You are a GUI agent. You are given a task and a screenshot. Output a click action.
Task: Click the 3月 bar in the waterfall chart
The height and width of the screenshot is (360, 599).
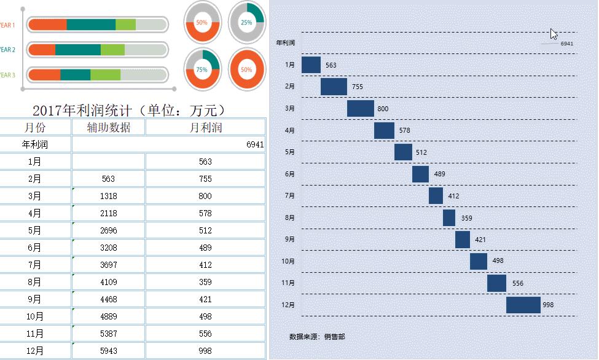coord(361,109)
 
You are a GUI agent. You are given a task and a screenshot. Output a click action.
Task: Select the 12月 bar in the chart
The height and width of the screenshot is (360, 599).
coord(523,305)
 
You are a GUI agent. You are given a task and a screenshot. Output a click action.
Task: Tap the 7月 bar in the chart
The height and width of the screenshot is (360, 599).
coord(436,196)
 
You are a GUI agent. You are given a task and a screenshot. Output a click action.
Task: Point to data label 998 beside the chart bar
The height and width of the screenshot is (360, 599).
coord(548,305)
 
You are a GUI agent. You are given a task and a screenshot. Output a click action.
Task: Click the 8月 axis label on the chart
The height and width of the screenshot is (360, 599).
coord(290,217)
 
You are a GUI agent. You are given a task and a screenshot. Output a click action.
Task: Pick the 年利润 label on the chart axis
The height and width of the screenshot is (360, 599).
coord(286,43)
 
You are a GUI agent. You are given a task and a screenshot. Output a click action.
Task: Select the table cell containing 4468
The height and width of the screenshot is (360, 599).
coord(108,299)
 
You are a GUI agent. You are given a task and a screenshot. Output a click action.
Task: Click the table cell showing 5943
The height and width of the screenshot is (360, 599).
coord(108,351)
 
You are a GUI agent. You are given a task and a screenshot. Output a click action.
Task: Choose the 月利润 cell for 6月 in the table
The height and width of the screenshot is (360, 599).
coord(205,248)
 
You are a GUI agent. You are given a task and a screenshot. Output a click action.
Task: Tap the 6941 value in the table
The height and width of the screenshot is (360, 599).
coord(254,144)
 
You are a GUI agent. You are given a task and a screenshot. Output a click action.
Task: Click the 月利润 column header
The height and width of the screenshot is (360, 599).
coord(205,127)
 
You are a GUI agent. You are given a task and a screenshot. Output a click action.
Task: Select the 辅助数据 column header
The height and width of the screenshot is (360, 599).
coord(108,127)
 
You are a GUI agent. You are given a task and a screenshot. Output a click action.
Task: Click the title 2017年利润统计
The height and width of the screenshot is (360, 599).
coord(129,111)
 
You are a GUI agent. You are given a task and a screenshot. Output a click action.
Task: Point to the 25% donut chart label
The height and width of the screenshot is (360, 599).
coord(246,22)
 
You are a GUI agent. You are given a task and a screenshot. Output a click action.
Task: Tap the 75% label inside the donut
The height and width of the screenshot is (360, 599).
coord(202,70)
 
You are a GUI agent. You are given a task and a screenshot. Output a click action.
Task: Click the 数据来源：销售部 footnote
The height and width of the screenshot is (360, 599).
coord(317,337)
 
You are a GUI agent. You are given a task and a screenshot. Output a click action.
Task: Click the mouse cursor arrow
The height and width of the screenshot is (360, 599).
coord(553,33)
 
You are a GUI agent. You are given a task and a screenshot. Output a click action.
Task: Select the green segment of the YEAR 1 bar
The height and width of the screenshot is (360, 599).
coord(125,25)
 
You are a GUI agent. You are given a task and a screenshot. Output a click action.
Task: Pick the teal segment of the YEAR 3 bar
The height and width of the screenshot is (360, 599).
coord(76,75)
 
